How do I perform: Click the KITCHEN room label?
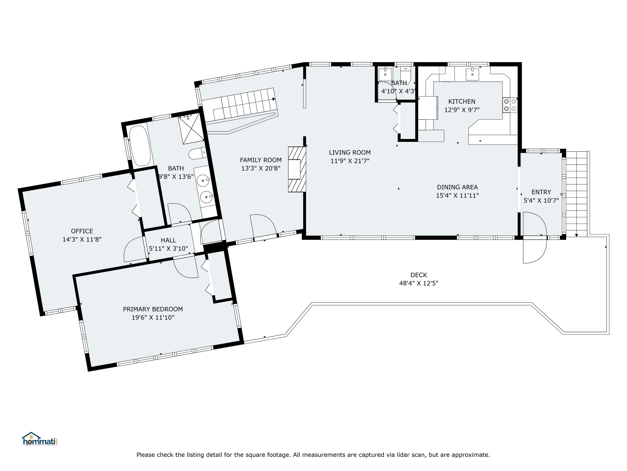(461, 101)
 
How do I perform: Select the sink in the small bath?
(385, 74)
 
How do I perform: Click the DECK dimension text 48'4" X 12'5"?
(419, 283)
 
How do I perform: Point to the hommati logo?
(40, 439)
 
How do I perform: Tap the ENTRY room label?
(541, 192)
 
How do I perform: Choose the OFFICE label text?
(82, 231)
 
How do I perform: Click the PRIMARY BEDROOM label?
(153, 309)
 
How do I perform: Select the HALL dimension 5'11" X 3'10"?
(168, 248)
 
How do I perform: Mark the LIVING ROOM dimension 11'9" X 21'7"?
(350, 161)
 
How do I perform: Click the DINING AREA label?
(457, 187)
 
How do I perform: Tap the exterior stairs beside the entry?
(576, 194)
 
